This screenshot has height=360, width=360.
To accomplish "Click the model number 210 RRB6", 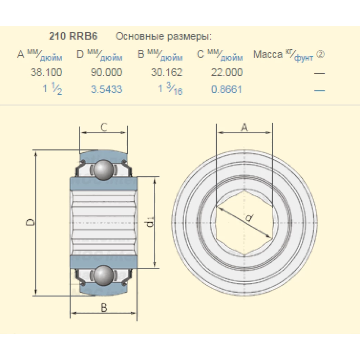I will (x=73, y=36).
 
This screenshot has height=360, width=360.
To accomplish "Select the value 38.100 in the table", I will (x=46, y=72).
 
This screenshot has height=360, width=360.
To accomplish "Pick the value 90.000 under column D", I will (x=107, y=72).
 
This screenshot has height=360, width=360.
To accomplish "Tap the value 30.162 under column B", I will (x=167, y=72).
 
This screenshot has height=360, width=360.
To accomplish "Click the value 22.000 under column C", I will (x=227, y=72).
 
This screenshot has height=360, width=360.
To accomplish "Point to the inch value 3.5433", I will (x=107, y=89).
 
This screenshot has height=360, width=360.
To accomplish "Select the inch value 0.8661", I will (x=227, y=89).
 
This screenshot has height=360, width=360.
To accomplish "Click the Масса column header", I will (x=268, y=54).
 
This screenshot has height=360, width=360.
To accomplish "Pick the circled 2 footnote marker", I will (x=320, y=54).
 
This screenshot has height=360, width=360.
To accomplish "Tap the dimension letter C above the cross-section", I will (x=104, y=127).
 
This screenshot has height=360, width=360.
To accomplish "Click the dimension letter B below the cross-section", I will (x=104, y=308).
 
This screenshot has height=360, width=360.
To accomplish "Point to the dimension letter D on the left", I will (x=32, y=222).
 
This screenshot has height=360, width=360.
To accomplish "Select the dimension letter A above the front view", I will (x=244, y=127).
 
